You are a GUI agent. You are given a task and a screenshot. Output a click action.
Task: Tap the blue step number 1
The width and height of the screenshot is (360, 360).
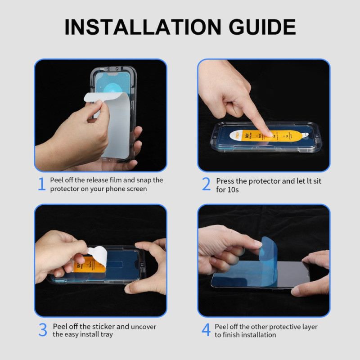pyautogui.click(x=41, y=184)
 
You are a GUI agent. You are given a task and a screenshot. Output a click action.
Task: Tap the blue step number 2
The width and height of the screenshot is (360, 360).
pyautogui.click(x=206, y=184)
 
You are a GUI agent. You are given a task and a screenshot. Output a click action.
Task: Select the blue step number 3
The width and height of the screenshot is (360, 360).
pyautogui.click(x=42, y=330)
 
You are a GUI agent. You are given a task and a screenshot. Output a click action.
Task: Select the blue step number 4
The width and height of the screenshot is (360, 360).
pyautogui.click(x=206, y=330)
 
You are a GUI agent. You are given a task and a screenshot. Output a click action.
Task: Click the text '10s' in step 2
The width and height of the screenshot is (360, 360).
pyautogui.click(x=233, y=189)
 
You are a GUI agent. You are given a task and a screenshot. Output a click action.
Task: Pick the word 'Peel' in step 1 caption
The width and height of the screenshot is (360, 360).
pyautogui.click(x=57, y=180)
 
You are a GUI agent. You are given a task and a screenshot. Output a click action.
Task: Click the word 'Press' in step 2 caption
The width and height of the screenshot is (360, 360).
pyautogui.click(x=225, y=180)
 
